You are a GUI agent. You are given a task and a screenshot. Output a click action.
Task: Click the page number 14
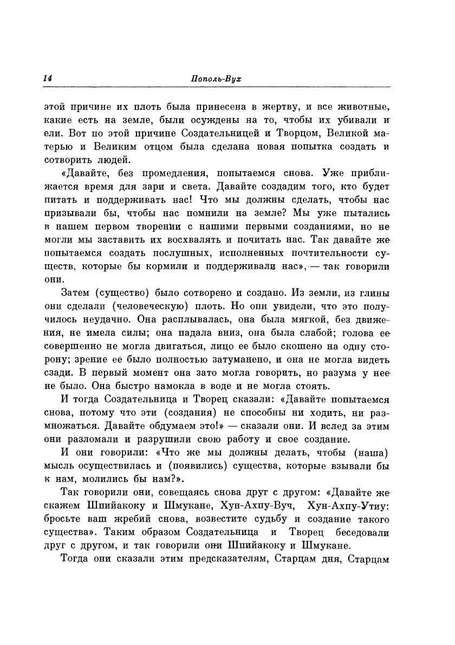[x=48, y=78]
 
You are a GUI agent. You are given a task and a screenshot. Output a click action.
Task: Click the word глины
[x=375, y=294]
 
